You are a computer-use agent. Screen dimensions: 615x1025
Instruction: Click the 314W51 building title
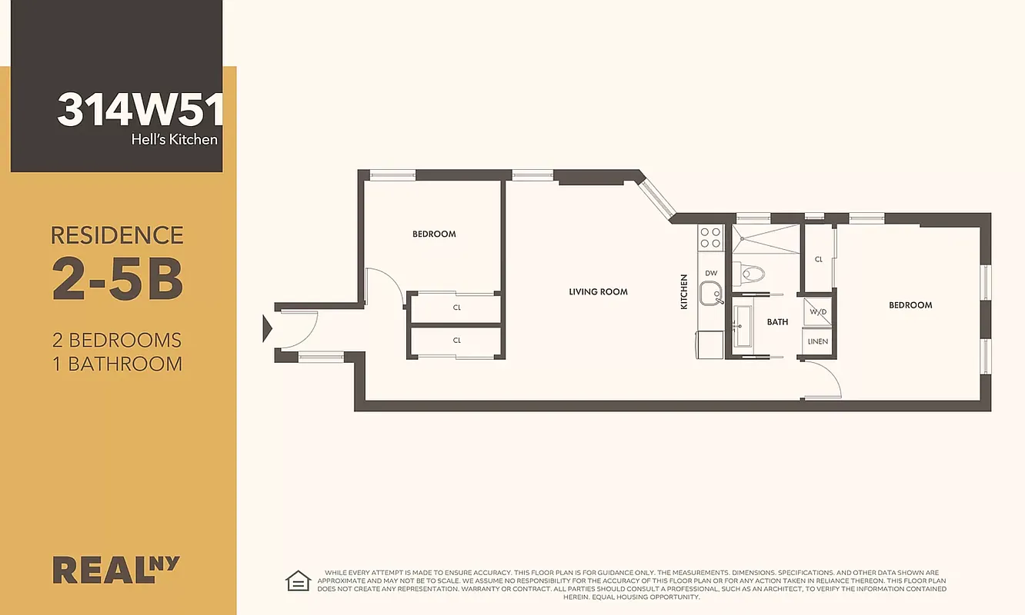139,110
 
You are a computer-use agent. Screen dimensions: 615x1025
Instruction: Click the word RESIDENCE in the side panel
117,234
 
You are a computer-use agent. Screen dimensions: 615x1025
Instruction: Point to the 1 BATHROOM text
117,364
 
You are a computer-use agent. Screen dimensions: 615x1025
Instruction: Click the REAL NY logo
115,569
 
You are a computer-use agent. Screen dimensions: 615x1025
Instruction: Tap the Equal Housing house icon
297,580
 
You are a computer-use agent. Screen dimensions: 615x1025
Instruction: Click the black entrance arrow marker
267,329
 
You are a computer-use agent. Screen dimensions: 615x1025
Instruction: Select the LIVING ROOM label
598,292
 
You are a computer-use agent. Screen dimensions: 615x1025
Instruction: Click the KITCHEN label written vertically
683,292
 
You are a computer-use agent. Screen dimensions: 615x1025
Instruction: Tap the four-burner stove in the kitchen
709,238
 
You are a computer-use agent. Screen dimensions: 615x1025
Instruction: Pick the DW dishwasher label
710,273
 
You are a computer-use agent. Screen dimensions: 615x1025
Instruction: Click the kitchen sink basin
709,294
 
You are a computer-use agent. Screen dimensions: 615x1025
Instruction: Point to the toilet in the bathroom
750,273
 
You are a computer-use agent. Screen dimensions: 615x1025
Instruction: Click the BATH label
777,322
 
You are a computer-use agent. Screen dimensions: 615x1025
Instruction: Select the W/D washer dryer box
817,311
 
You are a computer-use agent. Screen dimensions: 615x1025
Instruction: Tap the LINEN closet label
817,341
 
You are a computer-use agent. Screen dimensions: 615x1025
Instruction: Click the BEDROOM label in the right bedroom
910,305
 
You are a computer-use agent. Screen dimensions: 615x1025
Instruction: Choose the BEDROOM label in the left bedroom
434,234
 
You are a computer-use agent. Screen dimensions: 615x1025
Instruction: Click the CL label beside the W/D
818,260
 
